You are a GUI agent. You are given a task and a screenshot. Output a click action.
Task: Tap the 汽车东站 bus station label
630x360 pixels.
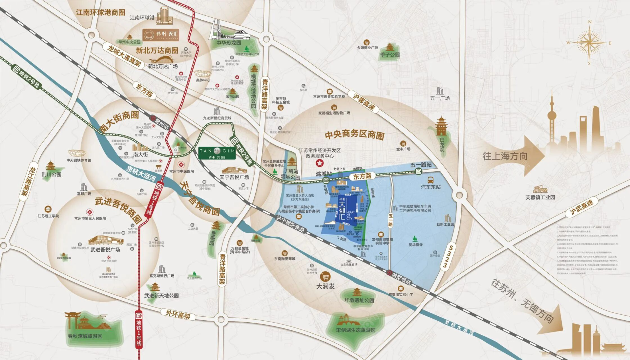431,187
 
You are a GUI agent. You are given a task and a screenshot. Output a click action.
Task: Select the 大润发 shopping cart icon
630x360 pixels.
325,276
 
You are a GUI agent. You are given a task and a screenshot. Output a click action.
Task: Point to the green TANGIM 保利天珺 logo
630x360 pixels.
217,153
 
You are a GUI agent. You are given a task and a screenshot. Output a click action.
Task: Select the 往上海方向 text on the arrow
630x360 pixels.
505,156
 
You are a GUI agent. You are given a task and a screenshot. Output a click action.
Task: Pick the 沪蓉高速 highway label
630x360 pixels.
364,102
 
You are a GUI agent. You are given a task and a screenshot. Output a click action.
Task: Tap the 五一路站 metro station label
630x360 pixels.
421,165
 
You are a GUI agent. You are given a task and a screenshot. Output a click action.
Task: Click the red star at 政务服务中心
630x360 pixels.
319,163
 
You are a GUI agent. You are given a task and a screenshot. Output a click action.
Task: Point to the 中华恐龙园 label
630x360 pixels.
228,43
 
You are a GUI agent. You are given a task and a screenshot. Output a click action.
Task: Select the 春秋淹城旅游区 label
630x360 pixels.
85,336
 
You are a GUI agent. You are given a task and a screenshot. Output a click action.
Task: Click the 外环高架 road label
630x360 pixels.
178,315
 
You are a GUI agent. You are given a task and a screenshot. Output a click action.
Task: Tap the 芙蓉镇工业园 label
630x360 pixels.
540,197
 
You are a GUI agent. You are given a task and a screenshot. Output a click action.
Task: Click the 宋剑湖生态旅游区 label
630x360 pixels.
355,330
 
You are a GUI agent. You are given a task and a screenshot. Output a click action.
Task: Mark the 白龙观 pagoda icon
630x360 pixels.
441,126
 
